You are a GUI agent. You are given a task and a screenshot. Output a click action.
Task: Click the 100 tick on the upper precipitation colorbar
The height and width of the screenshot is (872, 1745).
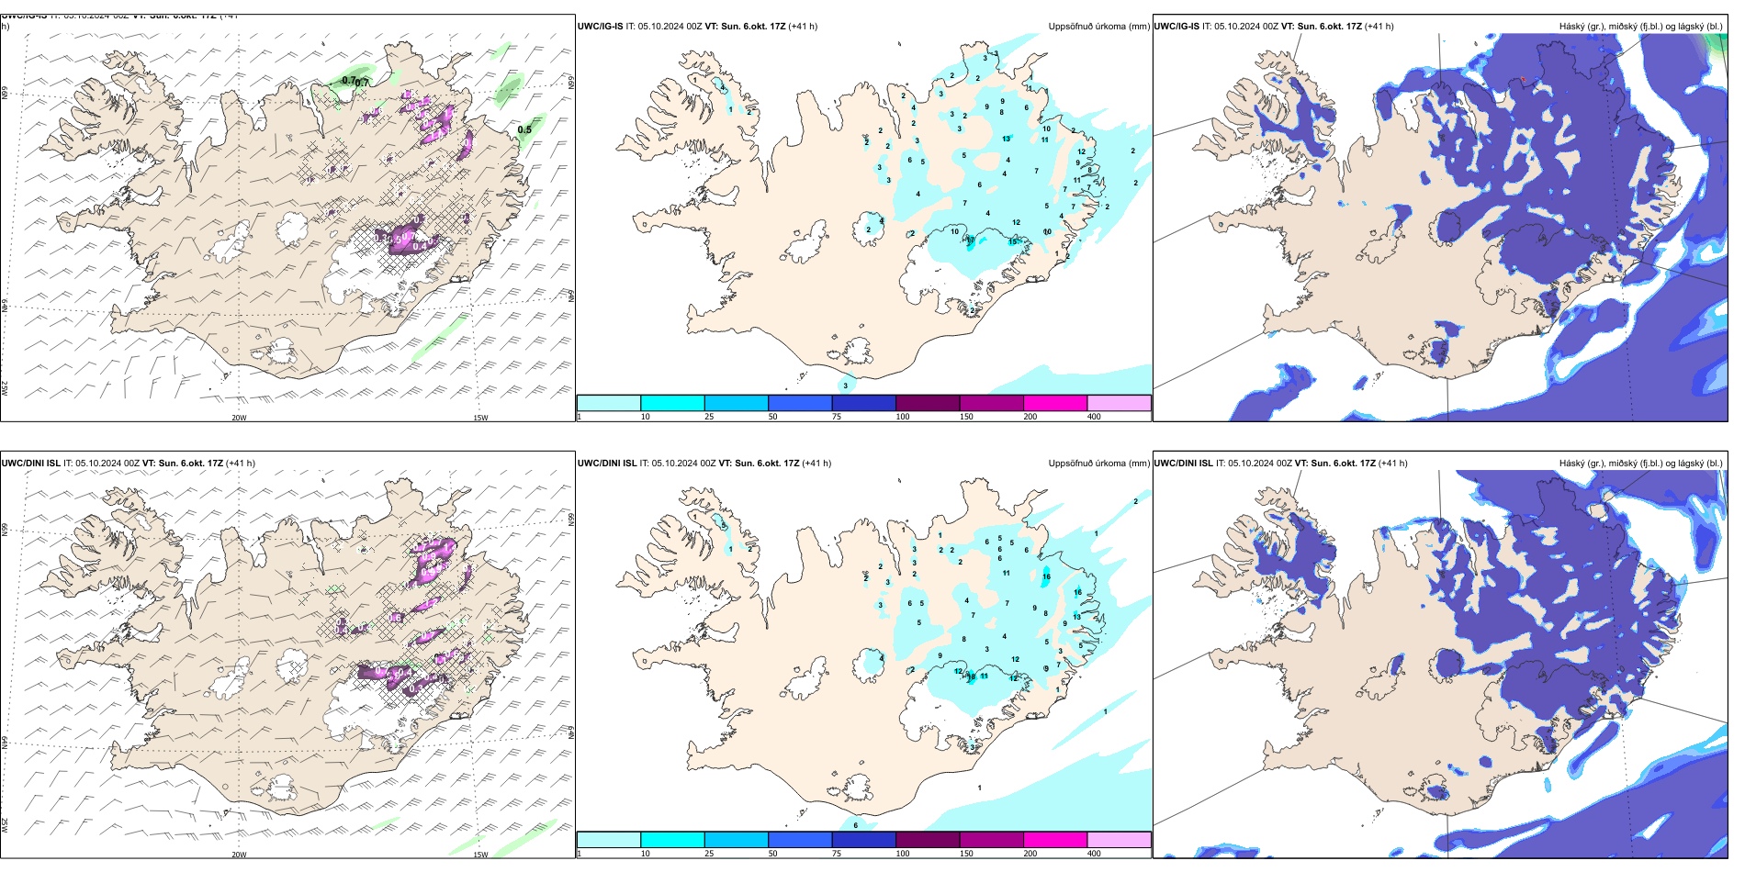[903, 417]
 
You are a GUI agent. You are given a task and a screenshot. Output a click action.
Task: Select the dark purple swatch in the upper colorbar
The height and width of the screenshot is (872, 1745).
[928, 403]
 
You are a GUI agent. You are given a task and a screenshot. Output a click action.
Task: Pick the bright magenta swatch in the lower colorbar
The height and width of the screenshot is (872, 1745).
[1055, 840]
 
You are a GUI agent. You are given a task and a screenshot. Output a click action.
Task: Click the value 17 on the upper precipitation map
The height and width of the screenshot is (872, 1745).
[971, 240]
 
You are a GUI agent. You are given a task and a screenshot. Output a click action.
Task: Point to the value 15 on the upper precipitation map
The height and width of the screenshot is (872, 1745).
[1013, 241]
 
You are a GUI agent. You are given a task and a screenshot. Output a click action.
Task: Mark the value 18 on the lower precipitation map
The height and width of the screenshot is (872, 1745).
[972, 676]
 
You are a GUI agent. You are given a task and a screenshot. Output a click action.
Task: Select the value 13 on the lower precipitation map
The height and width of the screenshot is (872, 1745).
[1077, 617]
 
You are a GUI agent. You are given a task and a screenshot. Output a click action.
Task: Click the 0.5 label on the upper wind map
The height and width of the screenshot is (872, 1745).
[524, 129]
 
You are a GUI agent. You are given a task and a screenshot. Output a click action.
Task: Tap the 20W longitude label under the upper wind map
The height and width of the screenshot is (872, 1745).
[239, 418]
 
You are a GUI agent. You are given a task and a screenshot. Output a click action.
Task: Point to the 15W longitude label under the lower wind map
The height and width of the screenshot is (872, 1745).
[480, 855]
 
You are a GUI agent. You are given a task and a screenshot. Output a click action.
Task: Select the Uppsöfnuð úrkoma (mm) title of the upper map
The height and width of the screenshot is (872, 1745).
[1098, 27]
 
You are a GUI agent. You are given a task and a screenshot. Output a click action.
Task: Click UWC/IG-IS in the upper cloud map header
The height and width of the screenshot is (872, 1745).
[1176, 27]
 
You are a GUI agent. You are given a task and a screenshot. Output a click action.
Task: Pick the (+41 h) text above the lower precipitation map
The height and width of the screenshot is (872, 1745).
[816, 463]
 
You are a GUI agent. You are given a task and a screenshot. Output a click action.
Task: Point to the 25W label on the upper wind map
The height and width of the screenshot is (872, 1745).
[6, 387]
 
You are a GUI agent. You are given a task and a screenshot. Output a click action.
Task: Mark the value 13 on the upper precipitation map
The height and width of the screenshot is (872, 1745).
[1007, 139]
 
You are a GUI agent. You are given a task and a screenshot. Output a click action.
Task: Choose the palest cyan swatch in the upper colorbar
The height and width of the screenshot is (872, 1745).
[608, 403]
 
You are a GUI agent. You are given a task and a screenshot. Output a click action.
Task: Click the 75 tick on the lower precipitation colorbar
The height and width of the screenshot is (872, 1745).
[838, 854]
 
